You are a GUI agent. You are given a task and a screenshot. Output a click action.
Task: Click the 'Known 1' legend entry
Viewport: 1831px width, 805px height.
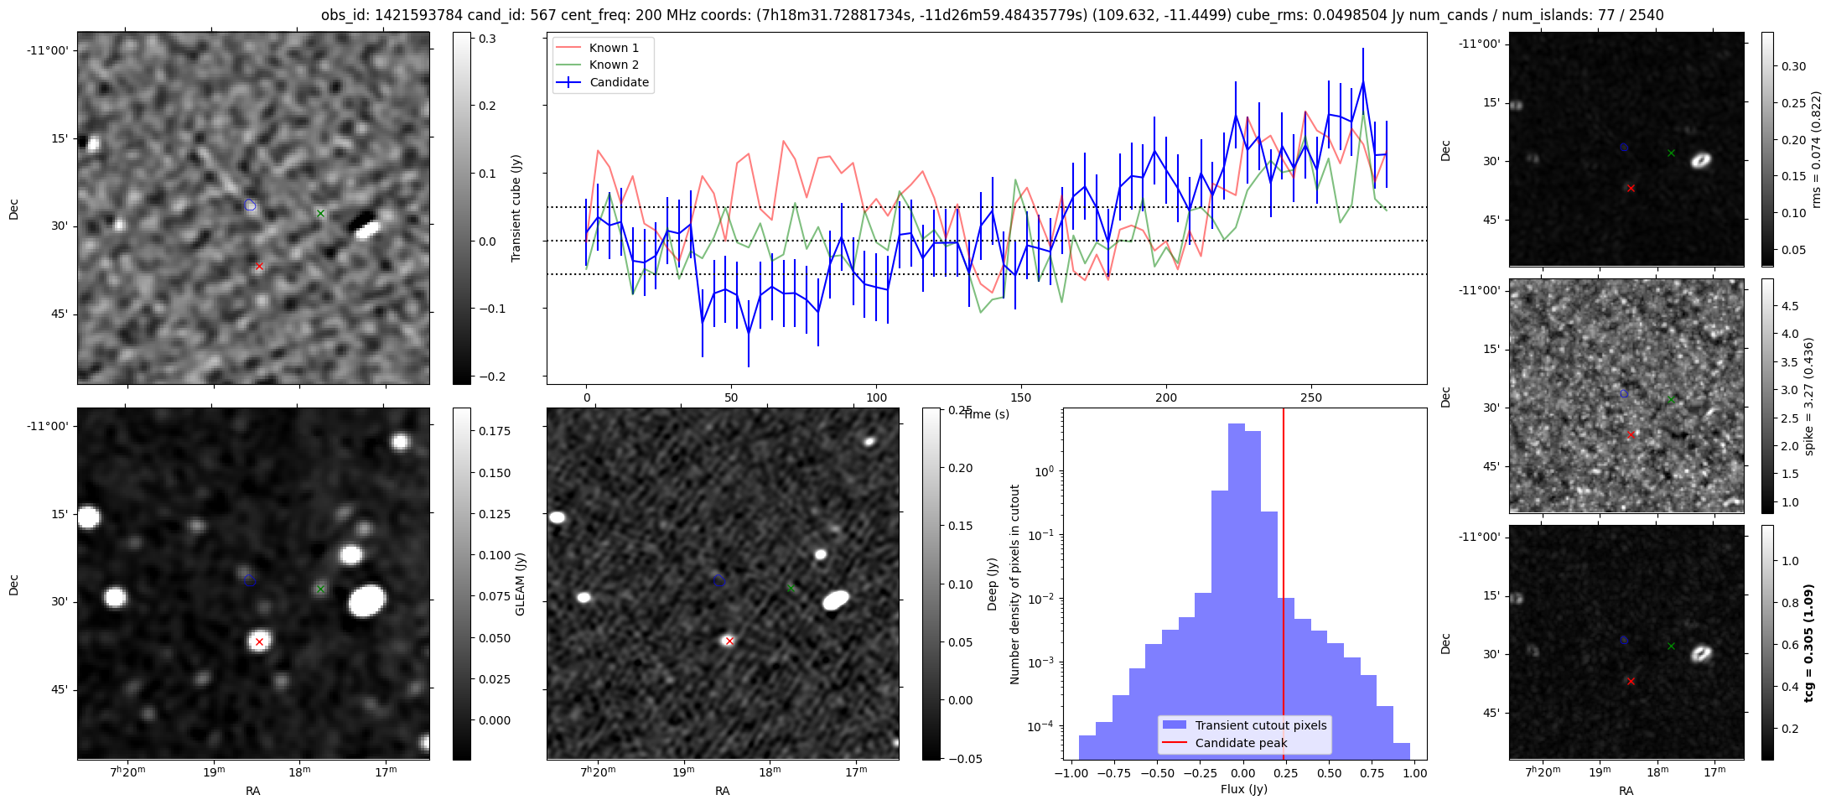tap(614, 48)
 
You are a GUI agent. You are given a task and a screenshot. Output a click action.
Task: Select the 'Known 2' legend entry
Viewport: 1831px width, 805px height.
tap(614, 65)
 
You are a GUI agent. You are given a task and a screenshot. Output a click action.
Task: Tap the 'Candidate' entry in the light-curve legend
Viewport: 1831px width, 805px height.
tap(619, 82)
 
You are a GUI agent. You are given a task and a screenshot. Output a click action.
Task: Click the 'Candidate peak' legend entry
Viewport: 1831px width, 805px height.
tap(1241, 743)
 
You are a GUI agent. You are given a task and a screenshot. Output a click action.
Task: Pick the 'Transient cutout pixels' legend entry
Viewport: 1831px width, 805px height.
tap(1261, 725)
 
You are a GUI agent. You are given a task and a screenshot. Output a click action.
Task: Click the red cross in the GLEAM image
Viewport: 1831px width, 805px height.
tap(259, 641)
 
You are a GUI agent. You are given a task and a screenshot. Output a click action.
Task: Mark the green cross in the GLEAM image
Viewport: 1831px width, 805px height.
tap(320, 589)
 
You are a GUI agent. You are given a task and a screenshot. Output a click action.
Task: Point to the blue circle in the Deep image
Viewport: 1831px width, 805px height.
tap(719, 580)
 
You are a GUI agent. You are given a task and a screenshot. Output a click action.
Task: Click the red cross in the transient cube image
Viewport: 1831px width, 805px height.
tap(259, 266)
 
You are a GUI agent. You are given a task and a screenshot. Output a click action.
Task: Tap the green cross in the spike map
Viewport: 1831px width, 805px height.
tap(1671, 399)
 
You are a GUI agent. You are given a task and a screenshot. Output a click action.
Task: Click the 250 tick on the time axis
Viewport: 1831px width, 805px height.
tap(1310, 397)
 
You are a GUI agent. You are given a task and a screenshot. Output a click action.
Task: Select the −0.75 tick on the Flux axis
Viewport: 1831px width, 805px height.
tap(1115, 773)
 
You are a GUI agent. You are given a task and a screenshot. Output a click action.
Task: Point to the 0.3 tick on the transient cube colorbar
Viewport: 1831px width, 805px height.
tap(487, 39)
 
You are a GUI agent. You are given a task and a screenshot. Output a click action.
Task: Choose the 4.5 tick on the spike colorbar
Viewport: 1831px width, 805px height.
tap(1789, 306)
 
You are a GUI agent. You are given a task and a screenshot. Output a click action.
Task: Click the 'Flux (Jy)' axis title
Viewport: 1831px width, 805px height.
tap(1244, 789)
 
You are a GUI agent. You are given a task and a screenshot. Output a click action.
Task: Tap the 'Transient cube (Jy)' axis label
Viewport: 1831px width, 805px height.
tap(516, 208)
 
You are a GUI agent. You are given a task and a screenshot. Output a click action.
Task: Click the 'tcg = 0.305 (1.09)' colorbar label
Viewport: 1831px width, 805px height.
tap(1808, 642)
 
